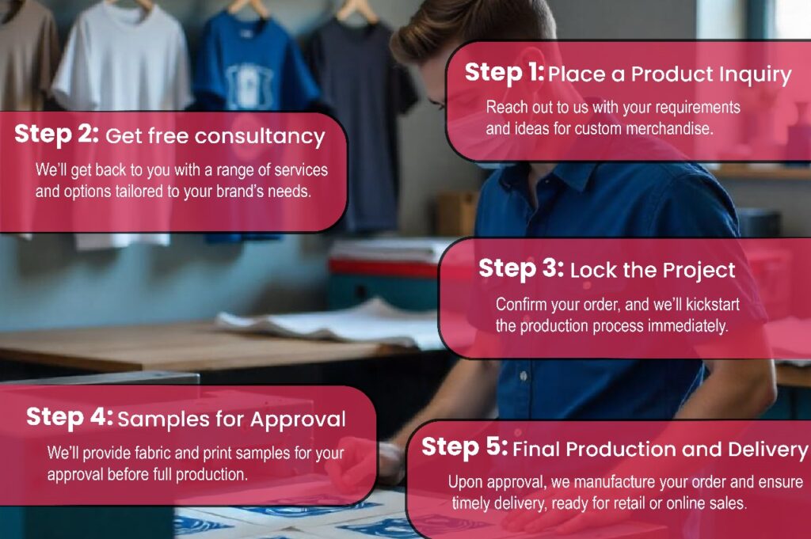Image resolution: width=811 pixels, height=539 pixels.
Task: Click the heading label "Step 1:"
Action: pyautogui.click(x=504, y=73)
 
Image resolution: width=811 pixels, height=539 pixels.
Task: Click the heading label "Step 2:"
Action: pyautogui.click(x=56, y=135)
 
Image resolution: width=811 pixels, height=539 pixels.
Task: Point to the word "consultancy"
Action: pyautogui.click(x=260, y=136)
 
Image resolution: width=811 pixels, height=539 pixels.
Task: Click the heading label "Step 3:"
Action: pyautogui.click(x=521, y=269)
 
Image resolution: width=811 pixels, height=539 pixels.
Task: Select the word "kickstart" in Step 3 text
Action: pyautogui.click(x=712, y=305)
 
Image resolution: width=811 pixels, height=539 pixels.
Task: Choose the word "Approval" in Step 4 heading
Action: pyautogui.click(x=298, y=420)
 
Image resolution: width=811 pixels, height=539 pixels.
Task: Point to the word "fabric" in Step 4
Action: pyautogui.click(x=153, y=454)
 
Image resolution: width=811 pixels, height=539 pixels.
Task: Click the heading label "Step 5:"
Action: pyautogui.click(x=464, y=447)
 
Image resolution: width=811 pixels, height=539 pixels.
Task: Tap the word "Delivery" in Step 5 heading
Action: pyautogui.click(x=767, y=450)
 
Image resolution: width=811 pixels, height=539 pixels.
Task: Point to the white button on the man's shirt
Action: pyautogui.click(x=524, y=376)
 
